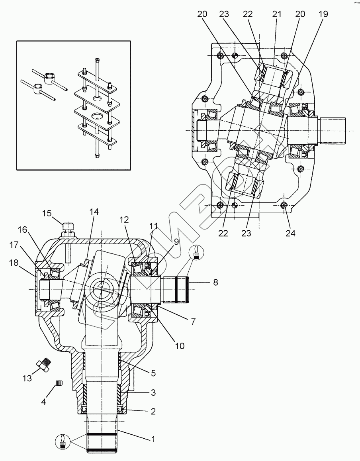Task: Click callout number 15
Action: point(47,213)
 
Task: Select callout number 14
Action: point(94,212)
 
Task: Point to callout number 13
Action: point(27,378)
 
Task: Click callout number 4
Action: point(43,402)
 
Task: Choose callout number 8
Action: point(215,282)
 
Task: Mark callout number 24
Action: point(290,233)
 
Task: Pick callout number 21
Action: point(276,14)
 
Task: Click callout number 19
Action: point(323,14)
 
